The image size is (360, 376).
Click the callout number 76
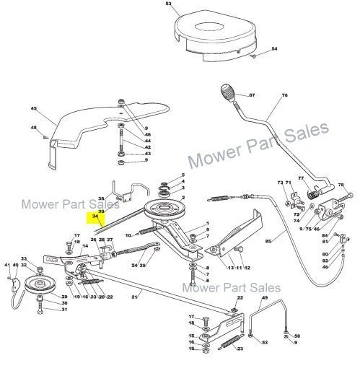click(284, 96)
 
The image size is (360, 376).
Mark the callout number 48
click(33, 128)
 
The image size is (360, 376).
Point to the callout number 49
click(265, 298)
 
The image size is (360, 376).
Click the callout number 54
click(274, 49)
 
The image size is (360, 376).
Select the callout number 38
click(100, 198)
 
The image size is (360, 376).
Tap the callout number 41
click(8, 266)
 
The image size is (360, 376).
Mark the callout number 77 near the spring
click(300, 178)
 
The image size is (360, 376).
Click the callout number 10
click(128, 235)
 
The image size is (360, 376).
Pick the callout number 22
click(240, 297)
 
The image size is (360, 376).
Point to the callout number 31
click(64, 310)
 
